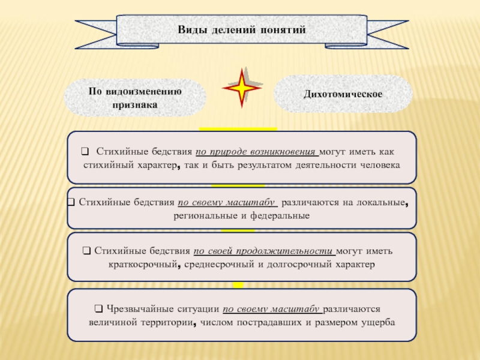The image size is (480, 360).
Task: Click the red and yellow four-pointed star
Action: point(242,88)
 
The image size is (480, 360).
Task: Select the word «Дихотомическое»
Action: point(343,94)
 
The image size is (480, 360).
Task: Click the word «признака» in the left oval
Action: point(134,104)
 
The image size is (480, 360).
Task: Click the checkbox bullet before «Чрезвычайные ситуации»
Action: point(98,308)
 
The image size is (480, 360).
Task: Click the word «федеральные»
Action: point(280,216)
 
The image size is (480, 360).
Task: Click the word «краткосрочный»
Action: point(143,264)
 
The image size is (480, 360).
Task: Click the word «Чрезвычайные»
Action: point(138,309)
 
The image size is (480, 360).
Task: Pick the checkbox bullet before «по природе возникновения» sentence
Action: point(85,151)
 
